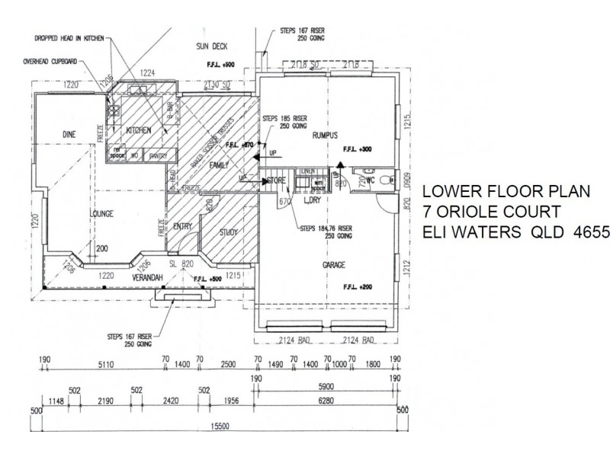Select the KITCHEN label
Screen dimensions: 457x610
coord(140,130)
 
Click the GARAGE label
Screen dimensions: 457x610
coord(333,265)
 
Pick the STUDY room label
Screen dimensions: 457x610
coord(228,233)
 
